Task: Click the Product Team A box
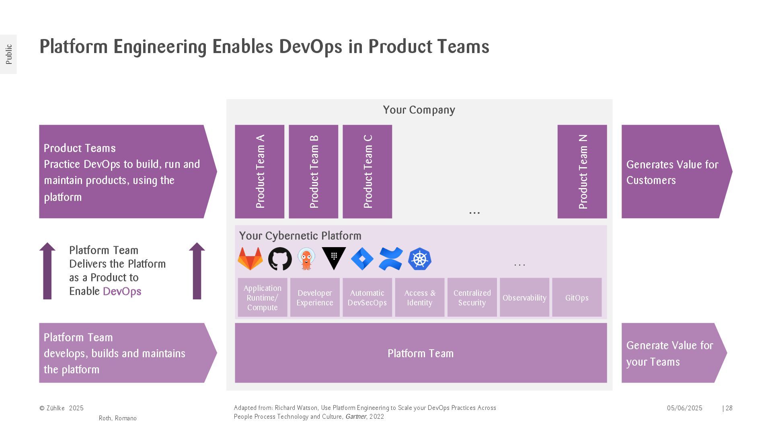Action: click(x=259, y=172)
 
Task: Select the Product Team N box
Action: click(x=582, y=172)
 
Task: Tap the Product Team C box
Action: click(x=367, y=172)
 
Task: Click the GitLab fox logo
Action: click(x=250, y=259)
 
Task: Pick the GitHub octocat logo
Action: click(x=280, y=259)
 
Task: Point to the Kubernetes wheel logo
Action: click(x=419, y=259)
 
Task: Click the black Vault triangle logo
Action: click(x=334, y=258)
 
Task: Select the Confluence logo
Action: click(x=390, y=259)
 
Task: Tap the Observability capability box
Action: click(x=524, y=298)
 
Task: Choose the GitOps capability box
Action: click(x=577, y=298)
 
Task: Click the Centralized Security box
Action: click(x=472, y=298)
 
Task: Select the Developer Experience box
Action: click(x=315, y=298)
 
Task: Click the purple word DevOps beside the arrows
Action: click(x=122, y=291)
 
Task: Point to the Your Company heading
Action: click(x=419, y=110)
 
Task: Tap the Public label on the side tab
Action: click(x=9, y=54)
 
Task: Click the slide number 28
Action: click(x=729, y=408)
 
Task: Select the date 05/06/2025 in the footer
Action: click(x=684, y=408)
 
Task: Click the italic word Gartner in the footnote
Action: click(x=355, y=417)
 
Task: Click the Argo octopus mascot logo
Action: click(x=306, y=259)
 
